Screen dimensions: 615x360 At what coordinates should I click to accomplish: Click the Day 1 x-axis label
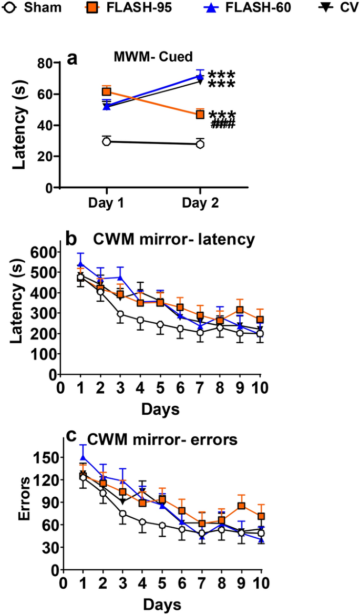click(107, 203)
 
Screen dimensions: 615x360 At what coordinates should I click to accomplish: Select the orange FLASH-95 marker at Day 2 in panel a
click(200, 114)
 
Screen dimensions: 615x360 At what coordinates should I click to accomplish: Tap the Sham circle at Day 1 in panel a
click(107, 141)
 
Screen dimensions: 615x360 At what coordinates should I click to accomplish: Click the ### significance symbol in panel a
click(222, 124)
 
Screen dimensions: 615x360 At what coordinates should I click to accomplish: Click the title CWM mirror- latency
click(174, 240)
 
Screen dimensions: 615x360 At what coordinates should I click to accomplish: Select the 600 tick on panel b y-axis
click(43, 252)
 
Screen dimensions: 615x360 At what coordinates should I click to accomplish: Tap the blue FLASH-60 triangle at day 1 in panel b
click(80, 264)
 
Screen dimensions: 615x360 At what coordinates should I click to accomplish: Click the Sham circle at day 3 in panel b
click(120, 314)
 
